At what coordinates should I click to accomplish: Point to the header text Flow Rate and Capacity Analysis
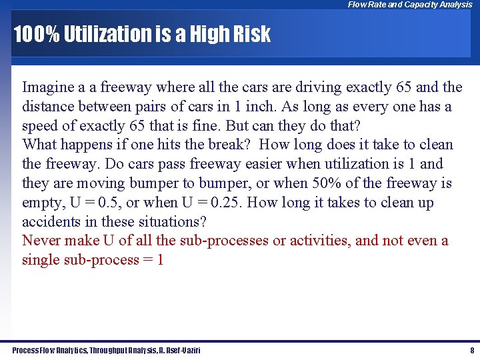409,5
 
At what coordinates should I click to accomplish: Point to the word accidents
49,222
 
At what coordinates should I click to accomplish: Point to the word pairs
173,106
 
